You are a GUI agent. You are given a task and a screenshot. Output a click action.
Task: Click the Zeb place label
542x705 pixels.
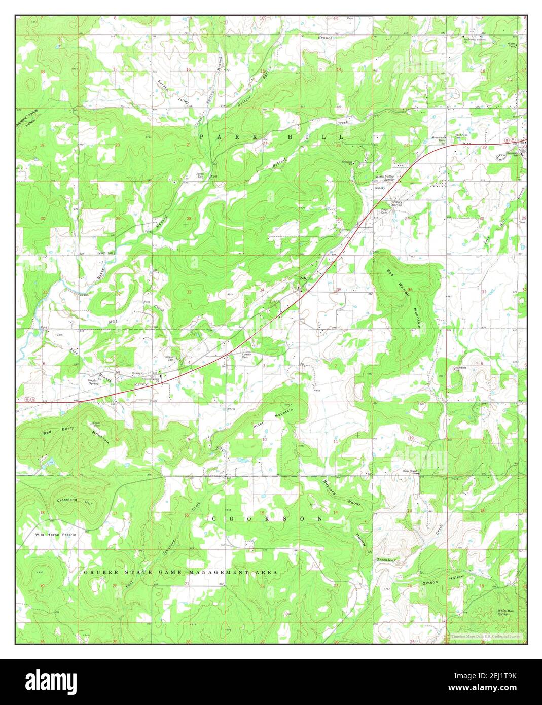(303, 278)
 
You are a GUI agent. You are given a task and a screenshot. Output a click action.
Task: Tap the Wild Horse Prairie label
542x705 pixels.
(56, 535)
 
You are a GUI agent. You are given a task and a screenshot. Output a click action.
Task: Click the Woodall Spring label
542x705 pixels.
(93, 381)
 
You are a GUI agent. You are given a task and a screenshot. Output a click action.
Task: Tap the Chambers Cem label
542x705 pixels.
(459, 369)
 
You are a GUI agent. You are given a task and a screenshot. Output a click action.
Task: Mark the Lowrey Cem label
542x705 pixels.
(247, 356)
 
